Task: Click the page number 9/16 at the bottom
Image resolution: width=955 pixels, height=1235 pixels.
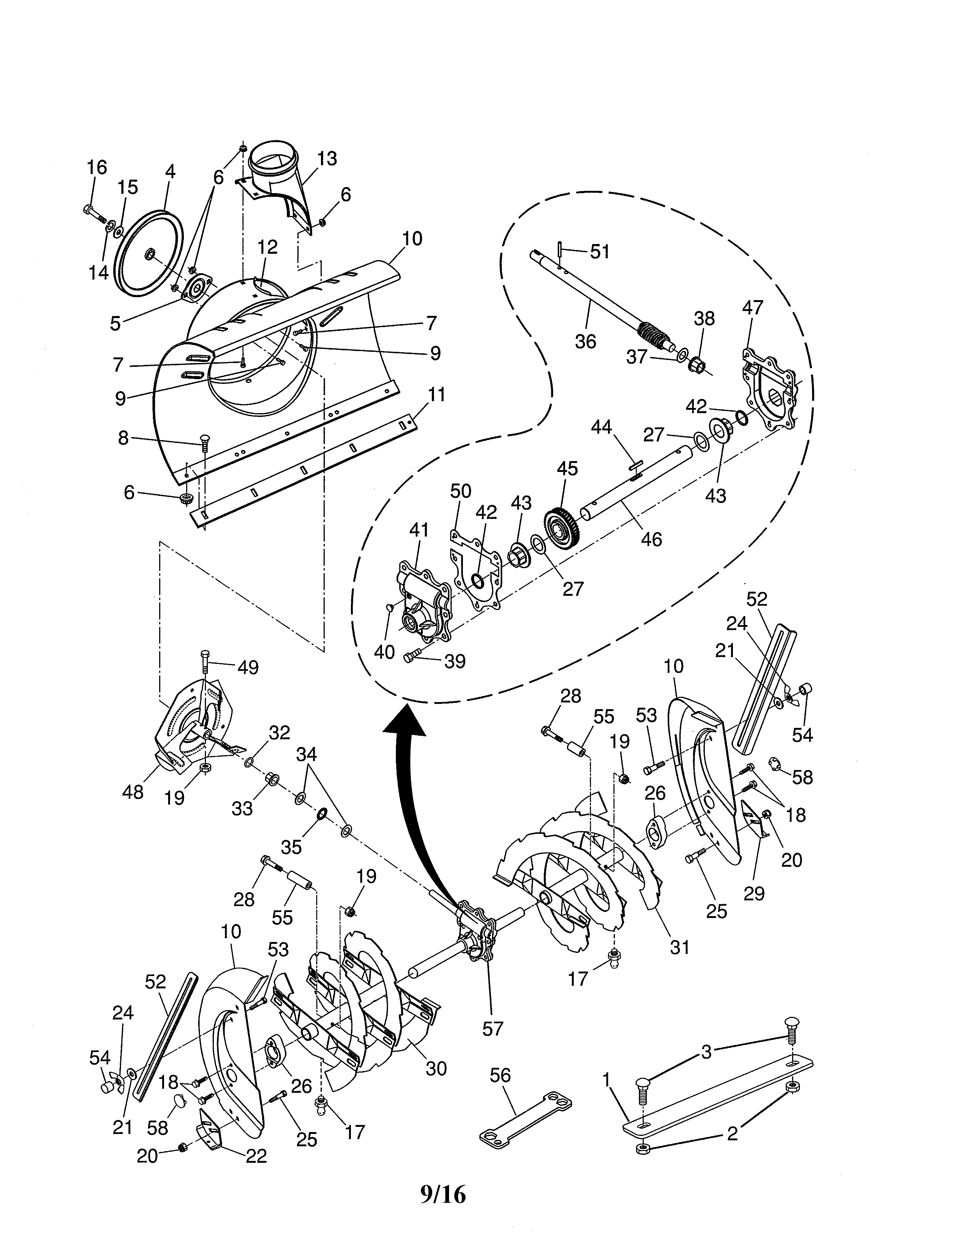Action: (x=443, y=1194)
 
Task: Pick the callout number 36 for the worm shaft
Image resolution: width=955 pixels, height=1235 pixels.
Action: (x=586, y=342)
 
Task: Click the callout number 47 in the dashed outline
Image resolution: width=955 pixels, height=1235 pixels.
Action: (x=752, y=308)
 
